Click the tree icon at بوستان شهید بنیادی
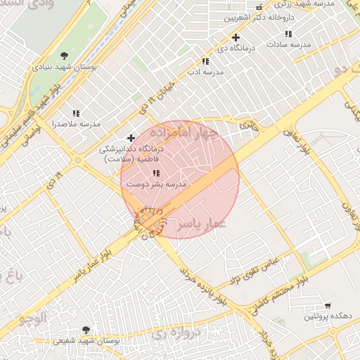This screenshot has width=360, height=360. (65, 56)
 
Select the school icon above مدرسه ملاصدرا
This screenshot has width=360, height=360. (76, 112)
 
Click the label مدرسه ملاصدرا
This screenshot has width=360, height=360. (76, 124)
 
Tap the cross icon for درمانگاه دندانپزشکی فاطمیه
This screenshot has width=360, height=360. (131, 138)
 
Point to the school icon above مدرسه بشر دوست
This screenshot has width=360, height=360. (156, 172)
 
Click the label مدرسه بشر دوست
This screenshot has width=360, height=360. (156, 184)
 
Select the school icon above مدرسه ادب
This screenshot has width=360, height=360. (205, 61)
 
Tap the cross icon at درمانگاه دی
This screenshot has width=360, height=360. (236, 37)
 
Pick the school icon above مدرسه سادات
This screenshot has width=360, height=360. (288, 34)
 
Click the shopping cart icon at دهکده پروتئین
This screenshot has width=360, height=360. (328, 305)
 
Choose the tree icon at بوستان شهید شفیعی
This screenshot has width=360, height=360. (86, 329)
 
